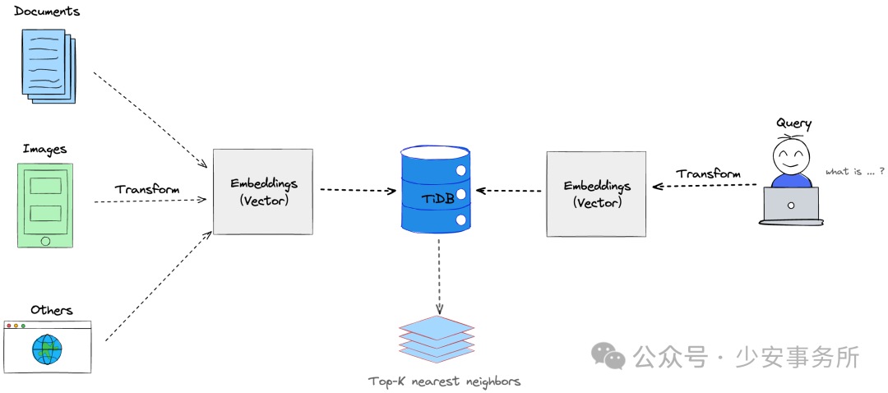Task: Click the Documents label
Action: click(x=47, y=11)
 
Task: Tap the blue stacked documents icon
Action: click(x=48, y=66)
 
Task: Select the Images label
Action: click(x=44, y=149)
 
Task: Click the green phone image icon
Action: click(x=45, y=205)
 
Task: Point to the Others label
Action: click(x=52, y=310)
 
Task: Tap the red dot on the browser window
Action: click(x=8, y=326)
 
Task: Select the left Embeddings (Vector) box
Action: click(x=263, y=192)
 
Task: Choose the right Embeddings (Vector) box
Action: click(x=596, y=194)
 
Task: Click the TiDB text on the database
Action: click(x=435, y=198)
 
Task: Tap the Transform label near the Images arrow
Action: click(x=147, y=189)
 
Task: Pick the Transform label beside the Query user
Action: click(x=708, y=173)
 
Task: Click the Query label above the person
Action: click(x=793, y=123)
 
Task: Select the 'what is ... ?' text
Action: click(x=855, y=172)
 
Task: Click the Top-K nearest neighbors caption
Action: click(x=444, y=381)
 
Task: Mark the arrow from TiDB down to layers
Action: click(x=438, y=276)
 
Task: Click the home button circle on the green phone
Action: click(x=45, y=241)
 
